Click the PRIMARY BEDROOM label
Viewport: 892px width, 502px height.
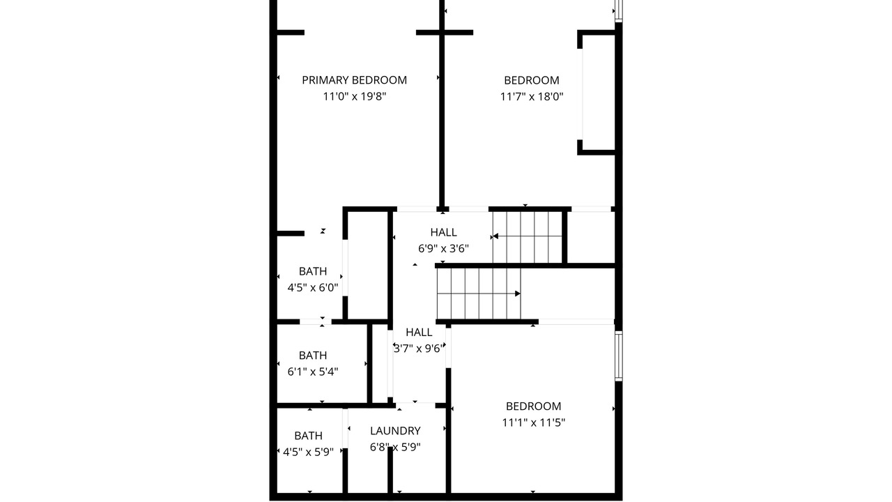click(x=355, y=80)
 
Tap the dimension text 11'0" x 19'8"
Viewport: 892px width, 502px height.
click(x=355, y=96)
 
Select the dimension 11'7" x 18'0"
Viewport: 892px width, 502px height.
click(x=532, y=96)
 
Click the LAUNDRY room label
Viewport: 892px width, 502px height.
click(x=395, y=431)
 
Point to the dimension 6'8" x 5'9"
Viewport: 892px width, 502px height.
click(x=395, y=447)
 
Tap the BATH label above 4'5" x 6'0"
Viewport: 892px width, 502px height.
click(x=313, y=271)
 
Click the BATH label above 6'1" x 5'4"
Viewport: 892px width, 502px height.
click(x=313, y=356)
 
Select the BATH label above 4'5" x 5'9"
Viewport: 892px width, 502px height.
click(x=308, y=436)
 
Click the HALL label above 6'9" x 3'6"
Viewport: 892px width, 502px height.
click(x=443, y=232)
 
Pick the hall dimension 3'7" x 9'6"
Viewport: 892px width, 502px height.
click(x=418, y=349)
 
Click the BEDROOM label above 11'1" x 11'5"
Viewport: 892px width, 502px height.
click(x=533, y=406)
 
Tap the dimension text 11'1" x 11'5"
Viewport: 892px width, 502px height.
click(x=533, y=423)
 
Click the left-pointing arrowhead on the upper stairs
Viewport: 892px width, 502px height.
click(x=495, y=236)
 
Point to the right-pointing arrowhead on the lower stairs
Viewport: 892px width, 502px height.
click(x=518, y=294)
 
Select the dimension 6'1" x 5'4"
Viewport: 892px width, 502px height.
click(x=313, y=372)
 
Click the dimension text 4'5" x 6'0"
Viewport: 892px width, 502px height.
click(x=313, y=288)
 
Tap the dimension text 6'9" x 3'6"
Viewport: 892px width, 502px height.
click(x=443, y=249)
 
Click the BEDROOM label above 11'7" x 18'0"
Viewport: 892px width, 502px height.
click(x=532, y=80)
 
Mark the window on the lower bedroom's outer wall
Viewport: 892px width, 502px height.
click(x=618, y=356)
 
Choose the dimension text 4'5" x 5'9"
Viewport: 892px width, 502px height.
click(x=308, y=452)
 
